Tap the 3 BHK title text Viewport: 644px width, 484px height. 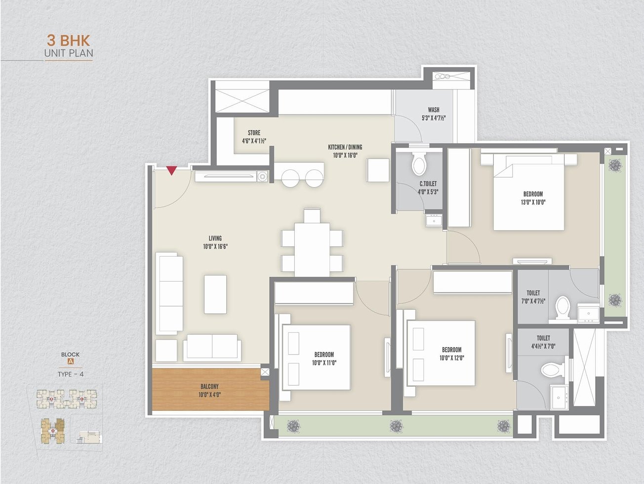tap(68, 41)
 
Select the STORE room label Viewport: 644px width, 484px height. tap(254, 132)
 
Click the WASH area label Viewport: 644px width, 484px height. tap(434, 110)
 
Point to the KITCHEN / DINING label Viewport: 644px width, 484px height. tap(345, 147)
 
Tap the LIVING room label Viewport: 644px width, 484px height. tap(215, 238)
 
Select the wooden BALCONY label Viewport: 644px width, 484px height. tap(209, 386)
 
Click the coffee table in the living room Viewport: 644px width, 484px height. tap(215, 294)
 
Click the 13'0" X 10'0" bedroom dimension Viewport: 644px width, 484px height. tap(533, 202)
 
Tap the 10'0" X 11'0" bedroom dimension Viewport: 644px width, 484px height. tap(324, 363)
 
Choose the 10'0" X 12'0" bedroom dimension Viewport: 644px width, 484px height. tap(452, 358)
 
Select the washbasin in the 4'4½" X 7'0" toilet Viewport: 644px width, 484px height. tap(559, 397)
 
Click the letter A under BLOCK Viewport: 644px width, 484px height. tap(71, 362)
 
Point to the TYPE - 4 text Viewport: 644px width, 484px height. tap(71, 374)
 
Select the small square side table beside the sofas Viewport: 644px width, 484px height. tap(166, 351)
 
